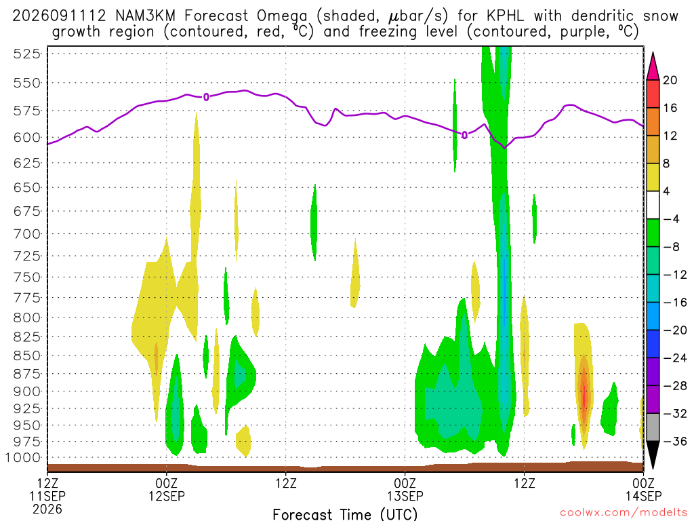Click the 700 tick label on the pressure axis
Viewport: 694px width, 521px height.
tap(26, 234)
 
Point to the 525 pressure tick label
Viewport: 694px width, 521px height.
tap(26, 54)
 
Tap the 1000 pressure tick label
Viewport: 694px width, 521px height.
tap(23, 458)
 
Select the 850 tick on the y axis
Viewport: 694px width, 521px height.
tap(26, 355)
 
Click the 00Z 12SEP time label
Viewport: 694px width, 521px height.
tap(167, 489)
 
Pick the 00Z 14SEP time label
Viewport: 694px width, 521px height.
tap(644, 489)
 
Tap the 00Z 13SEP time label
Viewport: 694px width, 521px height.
tap(405, 489)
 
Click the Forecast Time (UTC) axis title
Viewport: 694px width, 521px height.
tap(345, 514)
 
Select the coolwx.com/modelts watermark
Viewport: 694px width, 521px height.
tap(624, 513)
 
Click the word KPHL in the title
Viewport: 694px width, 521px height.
tap(505, 16)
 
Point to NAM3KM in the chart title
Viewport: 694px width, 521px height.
tap(145, 16)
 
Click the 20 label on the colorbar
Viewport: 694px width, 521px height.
tap(670, 80)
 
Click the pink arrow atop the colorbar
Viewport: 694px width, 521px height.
tap(653, 66)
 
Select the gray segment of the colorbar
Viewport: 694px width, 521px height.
tap(653, 427)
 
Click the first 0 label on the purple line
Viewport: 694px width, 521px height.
tap(206, 97)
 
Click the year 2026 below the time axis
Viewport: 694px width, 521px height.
tap(47, 509)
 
